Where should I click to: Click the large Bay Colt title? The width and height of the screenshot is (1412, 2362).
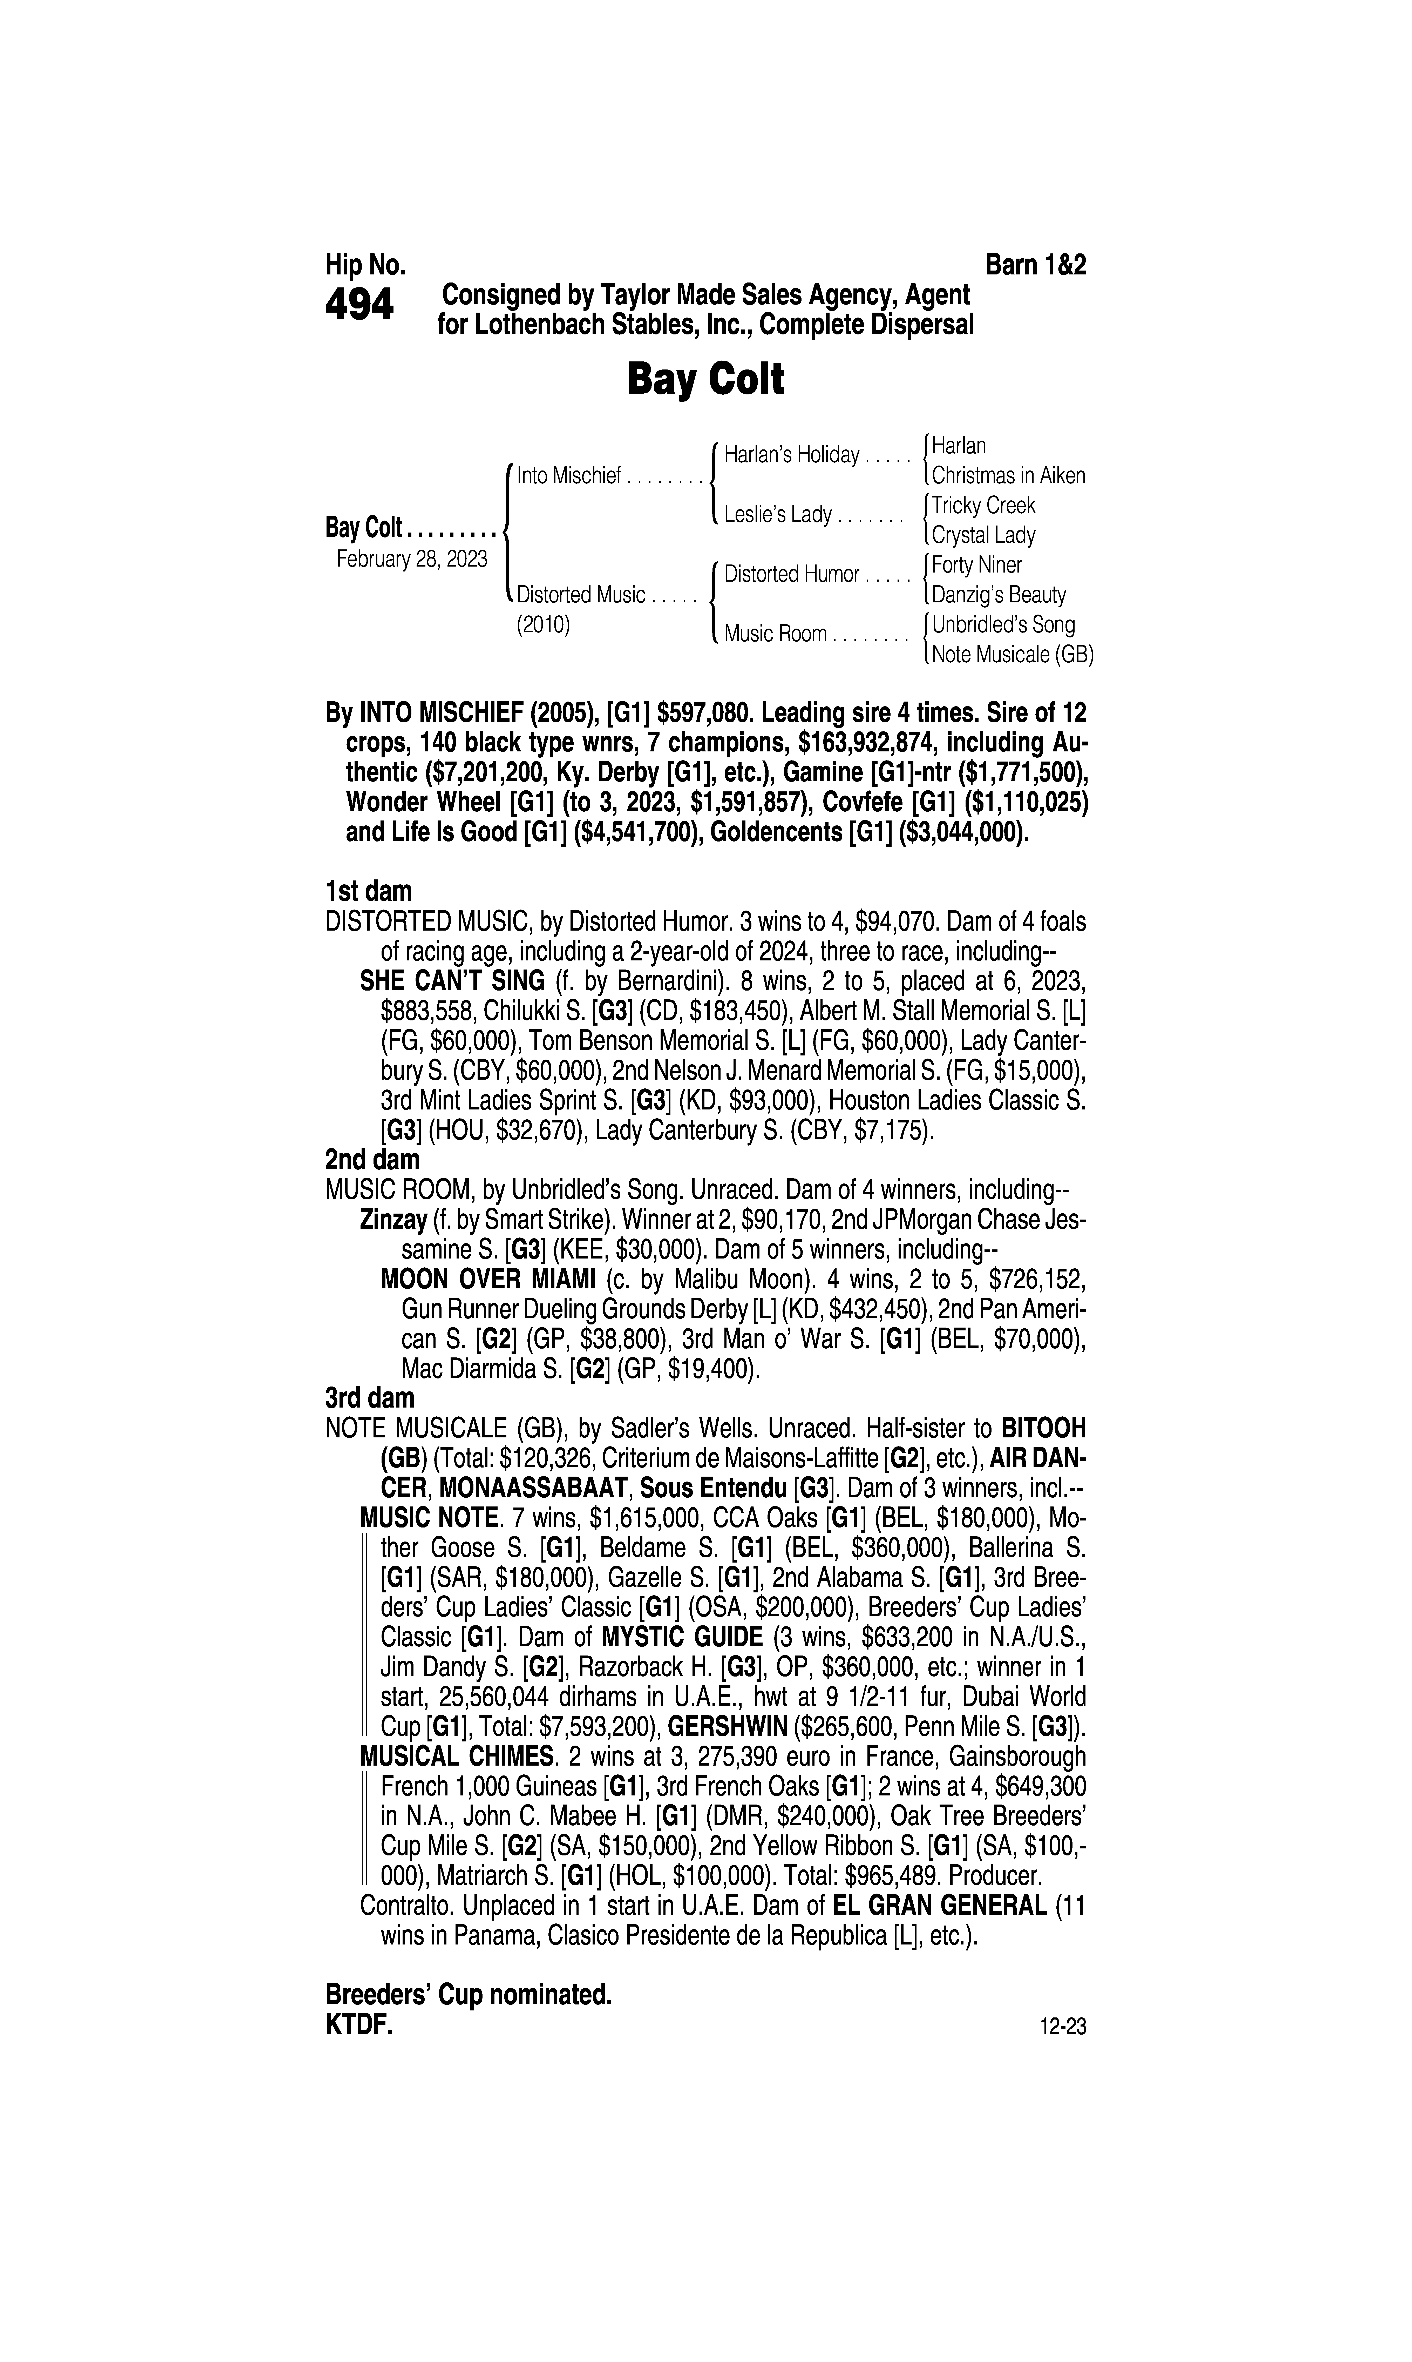pos(705,380)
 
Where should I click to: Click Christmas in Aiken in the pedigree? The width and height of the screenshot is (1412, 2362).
pos(1008,476)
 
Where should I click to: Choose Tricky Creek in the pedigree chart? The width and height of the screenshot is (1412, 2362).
pos(983,505)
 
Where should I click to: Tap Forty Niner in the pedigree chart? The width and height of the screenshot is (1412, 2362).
pos(976,565)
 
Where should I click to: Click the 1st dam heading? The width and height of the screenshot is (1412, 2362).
pos(368,892)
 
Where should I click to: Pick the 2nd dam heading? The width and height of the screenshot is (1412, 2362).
pos(372,1160)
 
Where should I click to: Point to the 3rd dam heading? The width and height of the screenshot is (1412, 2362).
pos(370,1398)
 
